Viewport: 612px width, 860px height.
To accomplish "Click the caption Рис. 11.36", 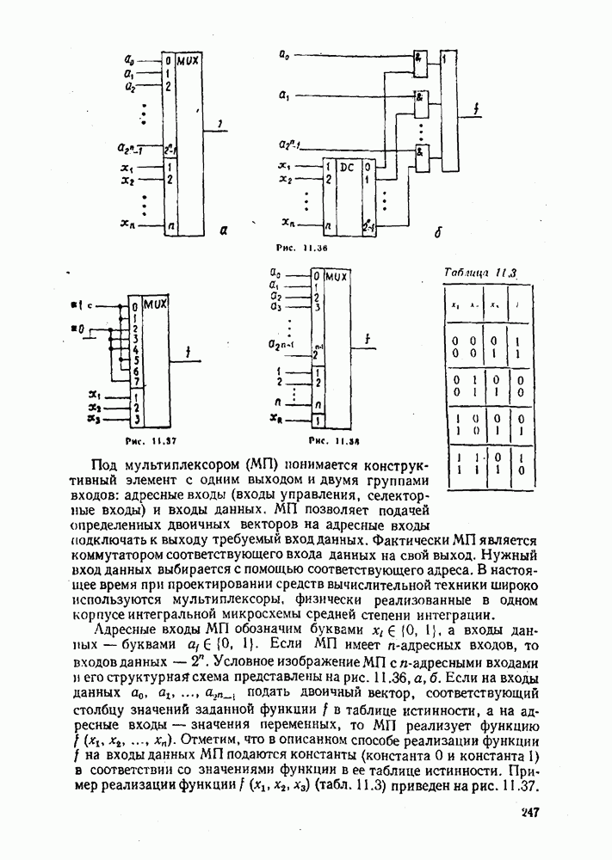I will click(x=298, y=247).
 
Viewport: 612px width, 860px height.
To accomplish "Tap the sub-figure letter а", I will click(x=224, y=230).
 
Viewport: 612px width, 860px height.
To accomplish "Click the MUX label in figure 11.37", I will click(x=156, y=304).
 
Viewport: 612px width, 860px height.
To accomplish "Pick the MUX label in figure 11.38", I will click(x=338, y=276).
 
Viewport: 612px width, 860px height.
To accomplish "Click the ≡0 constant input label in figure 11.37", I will click(x=77, y=329).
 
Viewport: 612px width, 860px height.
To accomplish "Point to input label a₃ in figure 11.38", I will click(x=275, y=306).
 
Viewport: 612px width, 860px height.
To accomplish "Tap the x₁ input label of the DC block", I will click(x=285, y=165).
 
